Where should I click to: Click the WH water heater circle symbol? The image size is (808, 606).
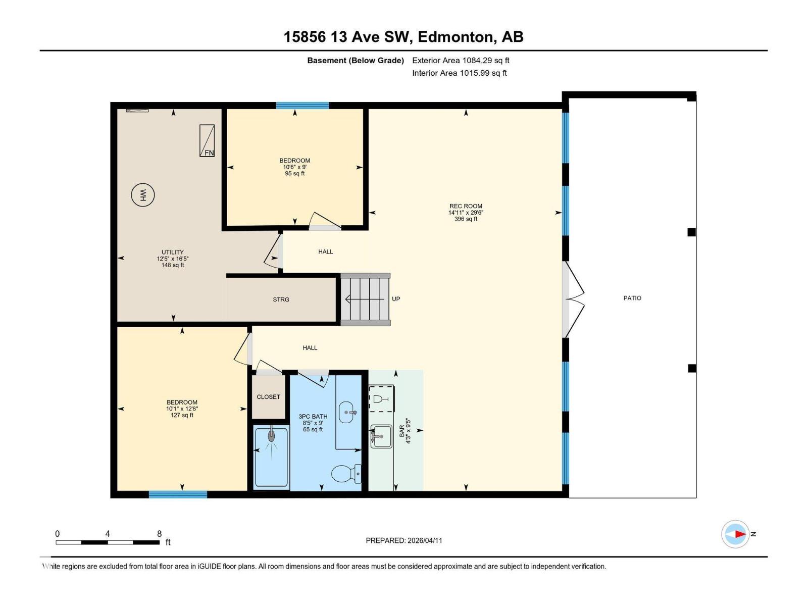pos(143,194)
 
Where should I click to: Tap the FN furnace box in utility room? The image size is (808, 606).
pos(207,141)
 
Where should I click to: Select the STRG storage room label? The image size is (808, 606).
pos(281,299)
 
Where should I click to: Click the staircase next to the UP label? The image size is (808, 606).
pos(365,299)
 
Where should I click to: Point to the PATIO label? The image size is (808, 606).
pos(632,298)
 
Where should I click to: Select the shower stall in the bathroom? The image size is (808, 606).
pos(272,457)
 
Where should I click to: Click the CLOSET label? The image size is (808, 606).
pos(268,397)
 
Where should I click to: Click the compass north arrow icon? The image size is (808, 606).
pos(736,534)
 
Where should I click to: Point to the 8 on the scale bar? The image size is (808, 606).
pos(160,534)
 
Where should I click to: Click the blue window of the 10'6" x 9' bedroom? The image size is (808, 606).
pos(302,106)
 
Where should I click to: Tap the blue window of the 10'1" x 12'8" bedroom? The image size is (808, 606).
pos(178,494)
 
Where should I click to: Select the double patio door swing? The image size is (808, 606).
pos(575,299)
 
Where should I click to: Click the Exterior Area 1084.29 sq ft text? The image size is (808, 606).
pos(461,60)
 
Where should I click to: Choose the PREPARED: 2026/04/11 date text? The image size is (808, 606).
pos(404,540)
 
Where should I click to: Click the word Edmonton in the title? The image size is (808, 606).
pos(456,37)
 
